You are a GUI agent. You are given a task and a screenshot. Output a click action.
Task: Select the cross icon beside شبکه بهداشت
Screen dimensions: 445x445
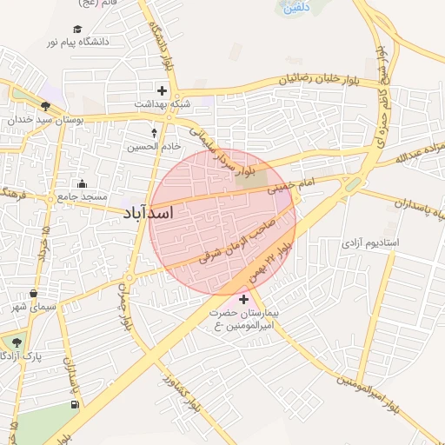tap(161, 90)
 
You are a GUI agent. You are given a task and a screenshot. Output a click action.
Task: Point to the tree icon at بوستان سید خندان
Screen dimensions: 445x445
tap(44, 108)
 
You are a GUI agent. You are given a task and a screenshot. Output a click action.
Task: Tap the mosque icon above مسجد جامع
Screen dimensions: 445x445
tap(83, 183)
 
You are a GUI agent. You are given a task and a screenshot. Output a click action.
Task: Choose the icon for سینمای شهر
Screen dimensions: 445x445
tap(34, 294)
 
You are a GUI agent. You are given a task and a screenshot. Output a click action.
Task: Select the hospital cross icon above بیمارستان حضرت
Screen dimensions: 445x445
tap(242, 299)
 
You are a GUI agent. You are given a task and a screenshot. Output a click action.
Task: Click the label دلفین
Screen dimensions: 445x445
tap(294, 7)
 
